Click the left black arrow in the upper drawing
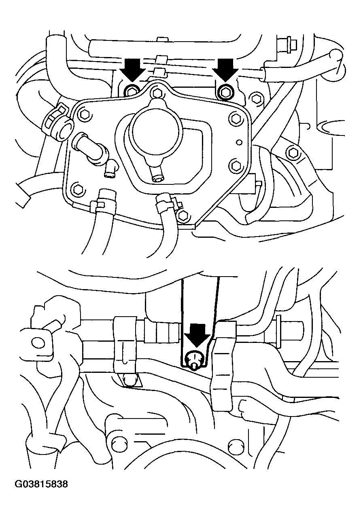[x=132, y=70]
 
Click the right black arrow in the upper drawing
[x=226, y=70]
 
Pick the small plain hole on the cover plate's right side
[x=240, y=142]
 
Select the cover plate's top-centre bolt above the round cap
[x=157, y=93]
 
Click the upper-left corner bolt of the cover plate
[x=83, y=114]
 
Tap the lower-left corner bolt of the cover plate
[x=77, y=188]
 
